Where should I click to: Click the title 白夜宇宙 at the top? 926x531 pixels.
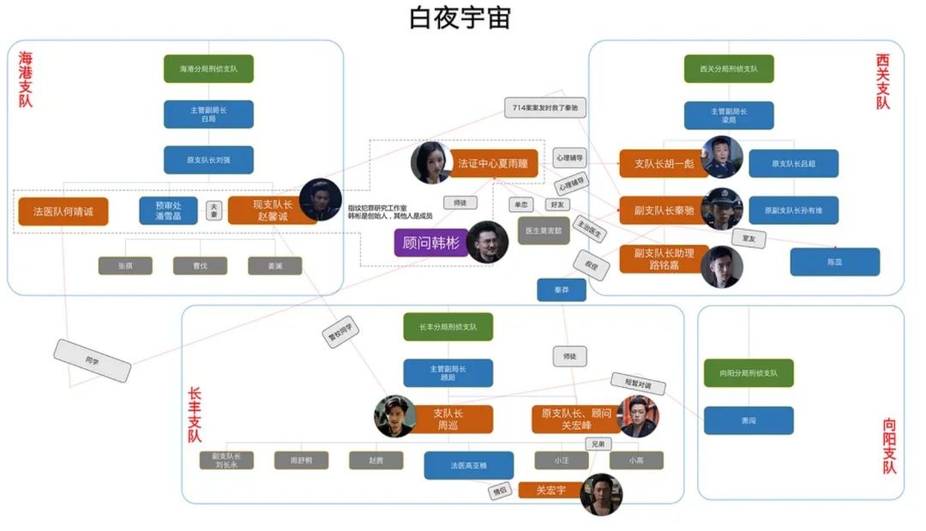point(462,18)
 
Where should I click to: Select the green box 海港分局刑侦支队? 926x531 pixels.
point(208,69)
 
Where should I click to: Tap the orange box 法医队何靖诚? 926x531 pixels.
point(63,211)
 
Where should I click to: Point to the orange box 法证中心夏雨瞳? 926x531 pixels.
point(492,163)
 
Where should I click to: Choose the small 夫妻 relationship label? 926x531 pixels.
point(213,210)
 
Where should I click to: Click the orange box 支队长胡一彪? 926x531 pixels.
point(663,163)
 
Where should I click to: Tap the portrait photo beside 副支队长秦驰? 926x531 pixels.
point(722,208)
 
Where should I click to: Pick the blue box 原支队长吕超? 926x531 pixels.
point(793,163)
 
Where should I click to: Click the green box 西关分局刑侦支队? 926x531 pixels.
point(728,69)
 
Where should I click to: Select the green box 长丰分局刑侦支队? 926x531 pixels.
point(448,327)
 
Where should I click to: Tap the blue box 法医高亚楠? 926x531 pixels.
point(468,465)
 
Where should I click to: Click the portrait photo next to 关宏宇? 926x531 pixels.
point(600,494)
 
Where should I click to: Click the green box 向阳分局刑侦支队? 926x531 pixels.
point(749,373)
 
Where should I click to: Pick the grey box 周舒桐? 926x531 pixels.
point(301,461)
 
